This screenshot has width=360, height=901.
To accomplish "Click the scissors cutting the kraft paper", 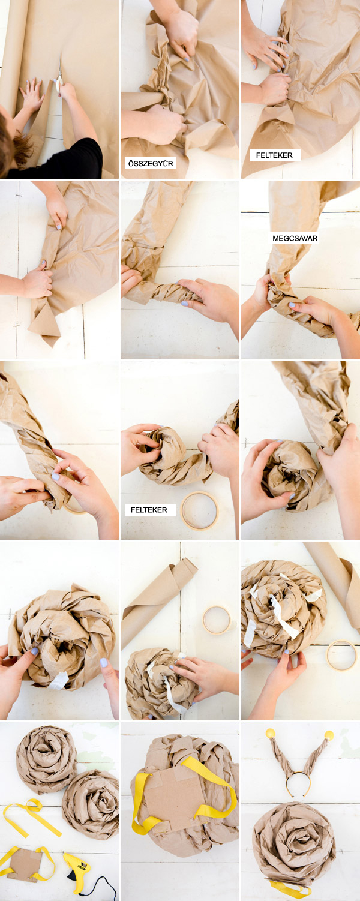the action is coord(59,79).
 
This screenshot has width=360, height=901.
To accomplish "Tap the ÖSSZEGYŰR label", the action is coord(151,164).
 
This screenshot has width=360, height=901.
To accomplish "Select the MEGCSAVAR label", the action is coord(295,238).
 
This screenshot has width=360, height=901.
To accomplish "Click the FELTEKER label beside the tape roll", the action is coord(149,510).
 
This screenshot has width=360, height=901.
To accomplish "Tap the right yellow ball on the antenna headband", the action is coord(329,736).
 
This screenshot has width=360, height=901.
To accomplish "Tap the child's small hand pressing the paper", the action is coord(32,95).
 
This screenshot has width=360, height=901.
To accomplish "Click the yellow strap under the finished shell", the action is coord(290,888).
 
